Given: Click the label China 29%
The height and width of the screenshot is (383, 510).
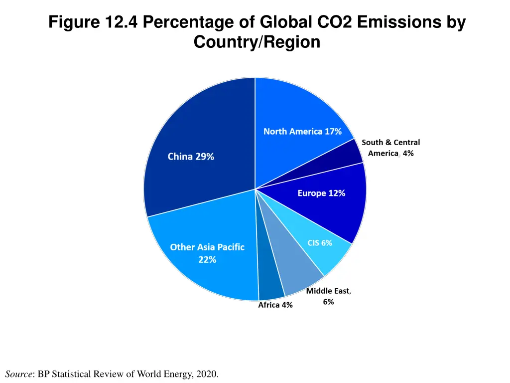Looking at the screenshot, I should point(191,157).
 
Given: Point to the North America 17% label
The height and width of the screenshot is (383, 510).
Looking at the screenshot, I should point(302,132).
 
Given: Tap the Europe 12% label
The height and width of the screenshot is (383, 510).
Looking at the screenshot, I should point(321,193).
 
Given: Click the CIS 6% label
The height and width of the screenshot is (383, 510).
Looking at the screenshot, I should point(320,243).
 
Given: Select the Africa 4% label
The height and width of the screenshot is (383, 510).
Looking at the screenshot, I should point(275,305).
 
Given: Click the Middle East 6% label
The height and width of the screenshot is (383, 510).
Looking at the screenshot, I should point(328,296).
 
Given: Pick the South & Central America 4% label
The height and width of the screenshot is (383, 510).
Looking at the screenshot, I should point(390,148).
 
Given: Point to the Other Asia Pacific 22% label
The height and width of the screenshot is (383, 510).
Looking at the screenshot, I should point(207,253).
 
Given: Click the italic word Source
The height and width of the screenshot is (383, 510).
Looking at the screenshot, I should point(18,374).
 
